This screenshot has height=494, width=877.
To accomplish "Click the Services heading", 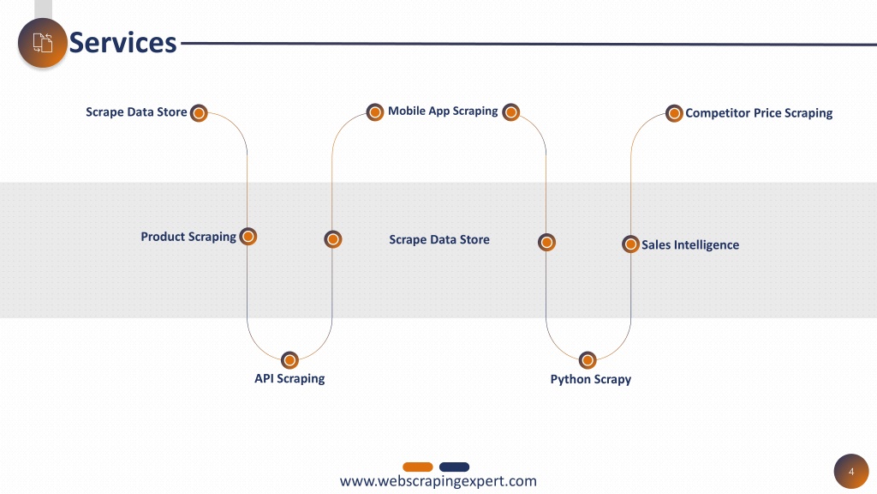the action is (122, 43).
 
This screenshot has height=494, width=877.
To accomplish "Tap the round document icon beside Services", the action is (43, 43).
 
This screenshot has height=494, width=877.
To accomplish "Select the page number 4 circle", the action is (851, 472).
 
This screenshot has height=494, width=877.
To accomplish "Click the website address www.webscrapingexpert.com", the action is (438, 481).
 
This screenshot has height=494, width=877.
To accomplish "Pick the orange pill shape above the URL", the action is (418, 467).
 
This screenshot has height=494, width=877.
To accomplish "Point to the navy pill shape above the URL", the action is (454, 467).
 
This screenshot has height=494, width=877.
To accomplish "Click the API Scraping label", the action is (289, 378).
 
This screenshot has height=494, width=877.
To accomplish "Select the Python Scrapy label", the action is (591, 379).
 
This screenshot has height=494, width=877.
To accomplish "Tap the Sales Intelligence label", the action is (690, 244).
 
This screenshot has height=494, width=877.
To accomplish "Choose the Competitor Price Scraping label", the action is (759, 113).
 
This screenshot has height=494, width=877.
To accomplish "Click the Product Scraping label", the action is (188, 237).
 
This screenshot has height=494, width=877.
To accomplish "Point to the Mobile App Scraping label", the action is (443, 111).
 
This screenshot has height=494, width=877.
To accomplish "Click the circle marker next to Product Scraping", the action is (248, 237).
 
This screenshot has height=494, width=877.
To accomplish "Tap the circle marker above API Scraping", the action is (289, 360).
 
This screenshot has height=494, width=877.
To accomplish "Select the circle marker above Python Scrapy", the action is (588, 360).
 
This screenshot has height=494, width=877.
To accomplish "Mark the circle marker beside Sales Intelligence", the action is (630, 244).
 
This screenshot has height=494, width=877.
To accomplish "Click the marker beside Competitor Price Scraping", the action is (674, 113).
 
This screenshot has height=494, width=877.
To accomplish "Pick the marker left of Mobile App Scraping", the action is (375, 112).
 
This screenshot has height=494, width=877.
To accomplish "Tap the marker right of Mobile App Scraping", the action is (510, 112).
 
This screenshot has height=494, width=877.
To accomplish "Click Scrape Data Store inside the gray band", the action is (439, 240).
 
